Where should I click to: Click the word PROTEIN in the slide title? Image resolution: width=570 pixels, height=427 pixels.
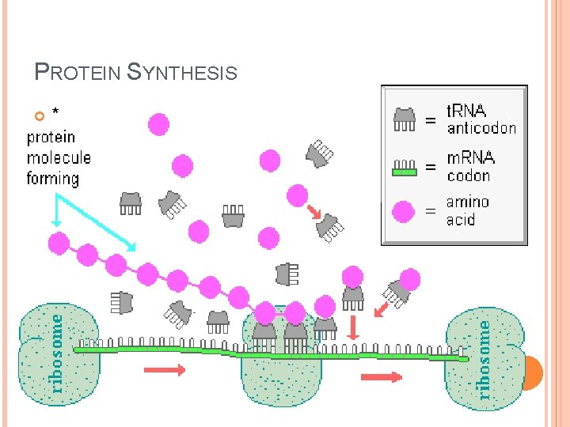click(77, 73)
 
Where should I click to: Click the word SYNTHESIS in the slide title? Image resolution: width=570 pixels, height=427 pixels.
click(181, 73)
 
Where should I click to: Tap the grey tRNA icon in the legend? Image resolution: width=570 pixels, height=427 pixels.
click(405, 119)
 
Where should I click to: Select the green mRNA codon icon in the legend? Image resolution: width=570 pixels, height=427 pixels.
click(405, 167)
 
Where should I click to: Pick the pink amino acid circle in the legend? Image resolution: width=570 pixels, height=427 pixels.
click(405, 212)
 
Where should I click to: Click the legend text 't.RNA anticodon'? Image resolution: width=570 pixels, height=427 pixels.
click(481, 119)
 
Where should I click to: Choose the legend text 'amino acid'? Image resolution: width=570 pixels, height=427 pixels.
click(468, 210)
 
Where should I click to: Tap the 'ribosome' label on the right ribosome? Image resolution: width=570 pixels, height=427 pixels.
click(484, 353)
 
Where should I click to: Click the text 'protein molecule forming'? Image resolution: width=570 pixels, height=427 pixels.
click(58, 158)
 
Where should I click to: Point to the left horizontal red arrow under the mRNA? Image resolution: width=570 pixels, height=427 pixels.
click(165, 369)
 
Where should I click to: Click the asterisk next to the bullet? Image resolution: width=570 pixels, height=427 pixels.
click(55, 112)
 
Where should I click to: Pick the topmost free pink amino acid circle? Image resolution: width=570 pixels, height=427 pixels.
click(158, 124)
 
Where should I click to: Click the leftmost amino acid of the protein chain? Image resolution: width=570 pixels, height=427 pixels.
click(58, 242)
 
